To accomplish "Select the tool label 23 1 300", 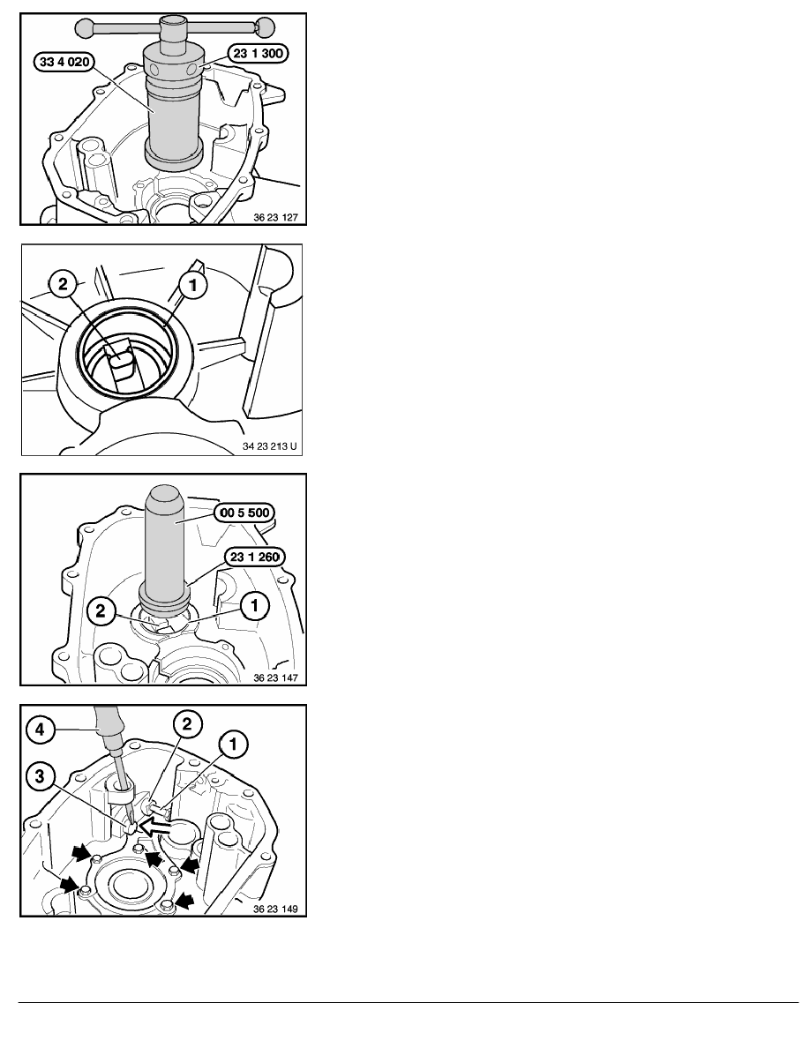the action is point(258,54).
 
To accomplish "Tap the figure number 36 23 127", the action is point(275,217).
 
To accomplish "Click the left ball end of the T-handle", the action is point(85,28).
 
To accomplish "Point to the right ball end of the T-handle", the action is point(264,28).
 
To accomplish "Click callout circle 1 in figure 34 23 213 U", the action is point(193,286).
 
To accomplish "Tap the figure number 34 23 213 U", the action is point(269,446).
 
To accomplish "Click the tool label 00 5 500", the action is point(244,513).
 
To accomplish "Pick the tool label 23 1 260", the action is point(254,558).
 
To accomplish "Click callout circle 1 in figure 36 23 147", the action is point(255,607).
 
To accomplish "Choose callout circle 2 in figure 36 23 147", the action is point(101,610).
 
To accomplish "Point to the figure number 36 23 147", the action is point(275,677).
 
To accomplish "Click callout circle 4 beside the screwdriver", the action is point(40,730).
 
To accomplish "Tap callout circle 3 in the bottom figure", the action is point(40,776).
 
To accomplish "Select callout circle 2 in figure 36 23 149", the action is point(187,724).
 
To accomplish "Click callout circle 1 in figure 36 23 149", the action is point(233,745).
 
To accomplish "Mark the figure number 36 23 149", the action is point(275,909).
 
